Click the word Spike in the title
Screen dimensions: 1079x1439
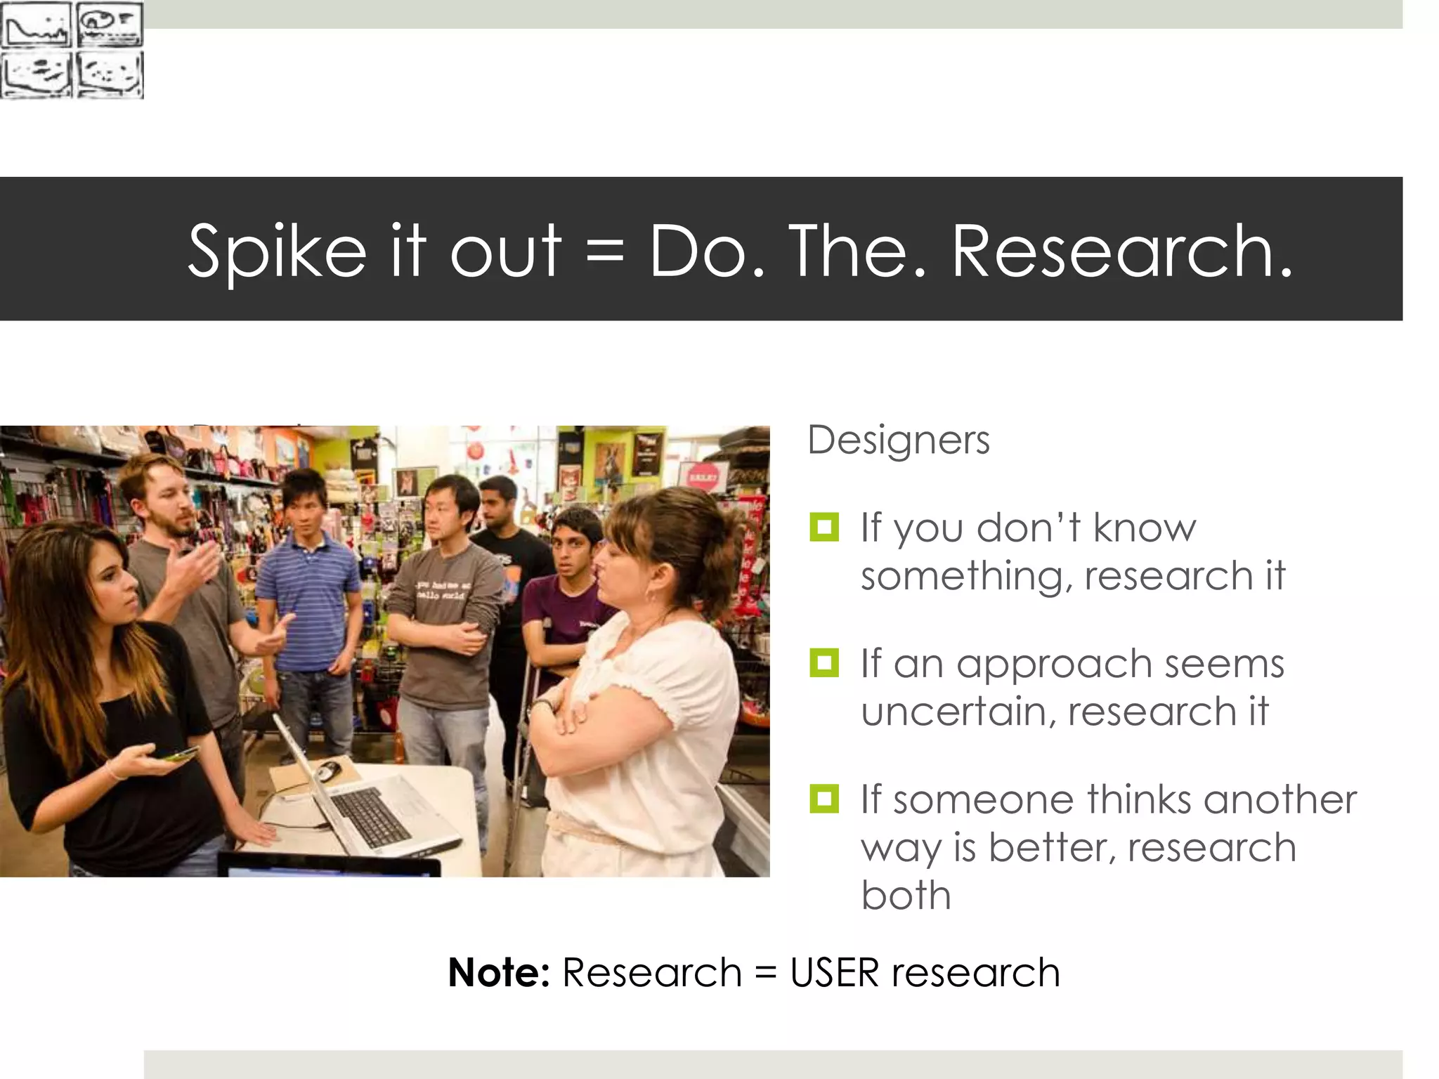pos(277,251)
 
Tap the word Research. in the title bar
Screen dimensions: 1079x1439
pos(1122,251)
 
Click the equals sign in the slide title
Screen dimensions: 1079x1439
pos(604,251)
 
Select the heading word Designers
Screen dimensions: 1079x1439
pos(899,441)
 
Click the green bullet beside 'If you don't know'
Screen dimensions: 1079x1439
pos(824,528)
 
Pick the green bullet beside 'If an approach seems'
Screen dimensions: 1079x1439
pos(824,663)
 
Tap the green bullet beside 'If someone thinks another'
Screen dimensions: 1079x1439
pos(824,799)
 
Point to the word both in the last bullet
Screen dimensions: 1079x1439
pos(906,896)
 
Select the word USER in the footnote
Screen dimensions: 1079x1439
pos(835,973)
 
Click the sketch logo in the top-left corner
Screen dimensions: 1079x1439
pos(72,49)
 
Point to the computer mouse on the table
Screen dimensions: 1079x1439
pos(327,771)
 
